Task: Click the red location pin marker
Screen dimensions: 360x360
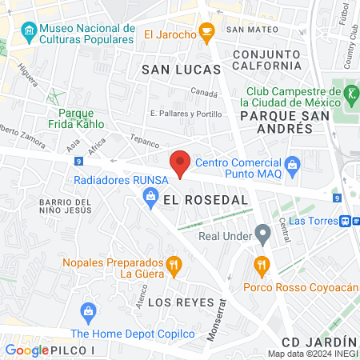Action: point(181,162)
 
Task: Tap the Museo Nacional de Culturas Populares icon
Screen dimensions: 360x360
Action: point(30,32)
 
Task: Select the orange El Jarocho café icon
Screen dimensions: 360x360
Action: point(208,34)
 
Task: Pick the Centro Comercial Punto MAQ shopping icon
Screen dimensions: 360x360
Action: point(292,166)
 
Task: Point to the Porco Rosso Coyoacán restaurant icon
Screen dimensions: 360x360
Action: point(260,265)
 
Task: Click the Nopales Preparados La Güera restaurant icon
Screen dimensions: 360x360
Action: point(171,264)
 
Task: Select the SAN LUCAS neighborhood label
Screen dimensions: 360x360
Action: point(175,70)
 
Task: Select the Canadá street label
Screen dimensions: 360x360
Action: point(205,93)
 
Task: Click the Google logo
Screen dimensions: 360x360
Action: point(26,350)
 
